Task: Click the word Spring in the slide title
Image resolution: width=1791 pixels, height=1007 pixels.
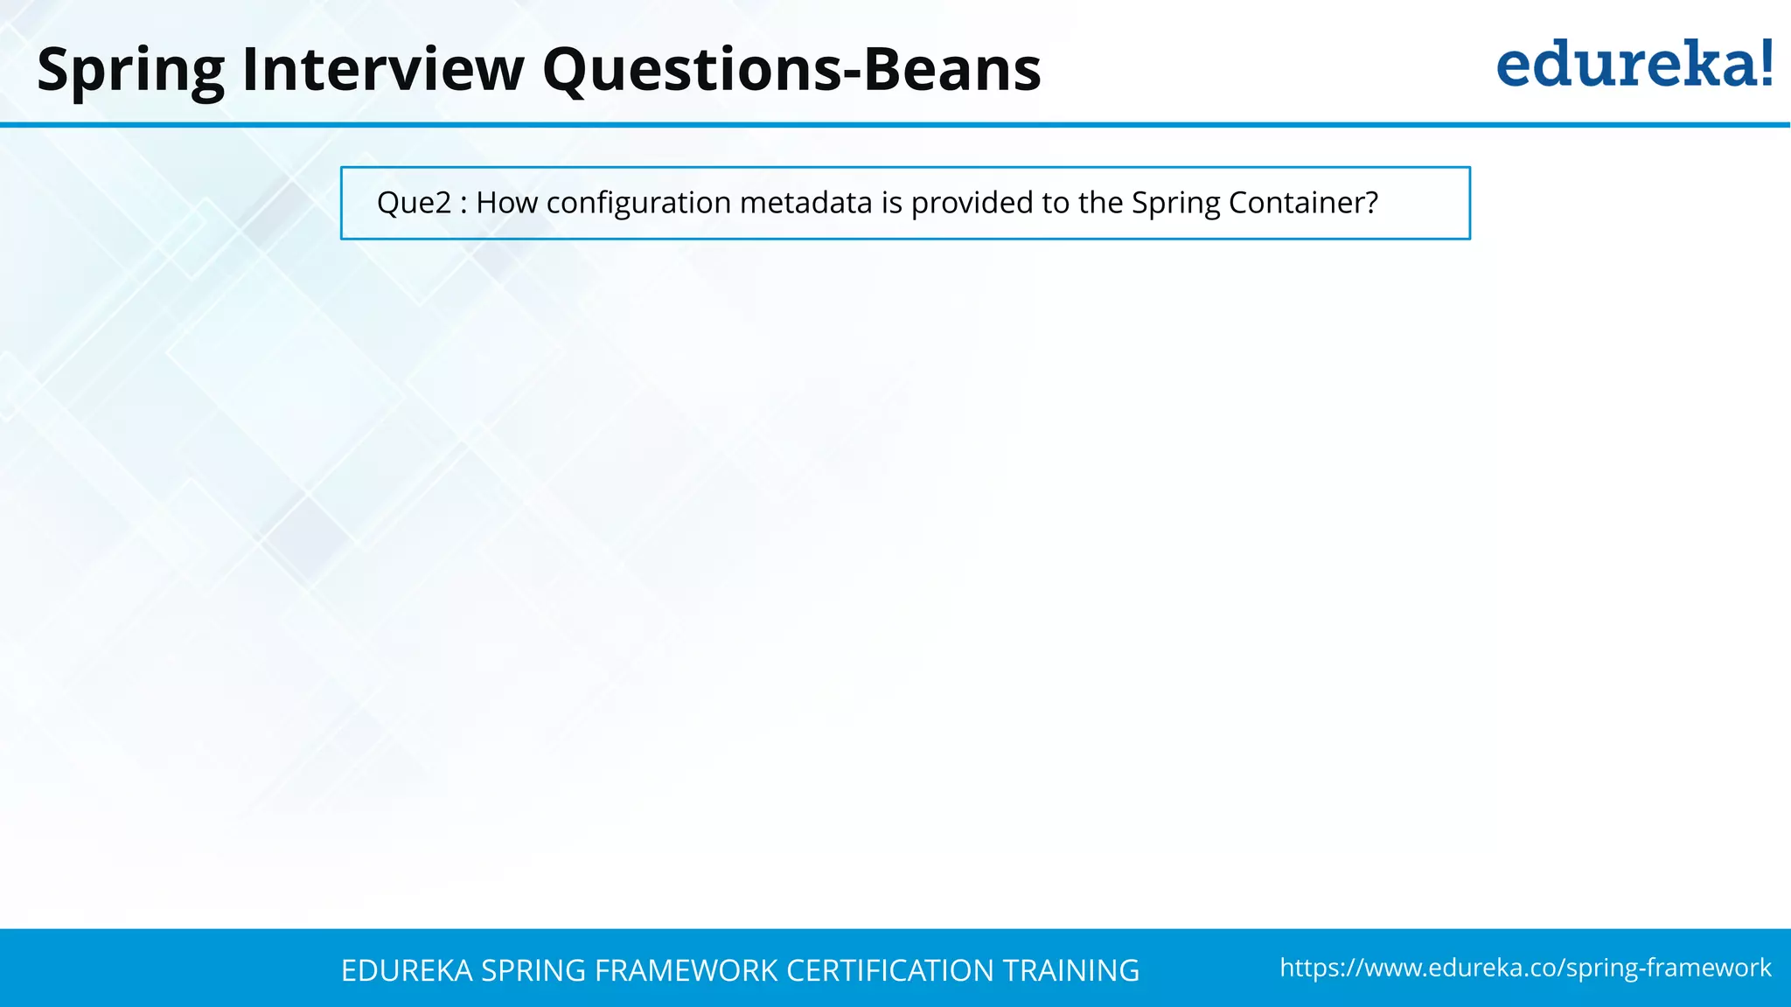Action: point(130,70)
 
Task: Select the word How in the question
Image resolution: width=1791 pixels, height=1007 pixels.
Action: point(506,203)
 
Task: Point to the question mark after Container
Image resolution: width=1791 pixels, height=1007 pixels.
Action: point(1370,203)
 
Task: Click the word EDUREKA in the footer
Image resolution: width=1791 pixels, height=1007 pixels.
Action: point(407,970)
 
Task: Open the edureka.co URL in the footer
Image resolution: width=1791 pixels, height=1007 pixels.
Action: point(1525,968)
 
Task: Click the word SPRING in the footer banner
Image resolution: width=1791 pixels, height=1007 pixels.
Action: point(534,970)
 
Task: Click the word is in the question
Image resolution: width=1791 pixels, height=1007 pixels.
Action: point(891,203)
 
